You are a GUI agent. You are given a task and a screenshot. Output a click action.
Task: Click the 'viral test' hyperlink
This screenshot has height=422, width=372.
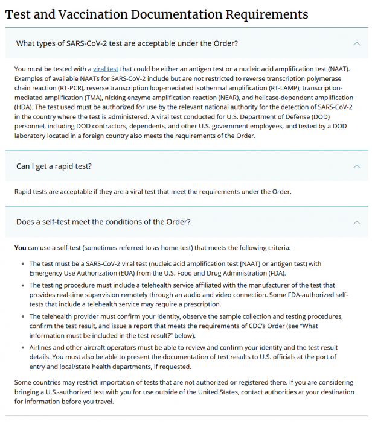[106, 69]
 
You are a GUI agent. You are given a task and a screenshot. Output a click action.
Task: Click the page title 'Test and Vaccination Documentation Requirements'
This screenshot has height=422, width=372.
[156, 14]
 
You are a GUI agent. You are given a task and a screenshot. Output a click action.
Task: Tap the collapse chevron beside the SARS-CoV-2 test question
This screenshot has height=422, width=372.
[356, 43]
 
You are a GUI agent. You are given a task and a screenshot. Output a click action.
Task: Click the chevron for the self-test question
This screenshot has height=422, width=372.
[356, 222]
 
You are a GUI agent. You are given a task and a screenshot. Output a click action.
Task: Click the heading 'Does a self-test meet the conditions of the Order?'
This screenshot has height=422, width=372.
[103, 222]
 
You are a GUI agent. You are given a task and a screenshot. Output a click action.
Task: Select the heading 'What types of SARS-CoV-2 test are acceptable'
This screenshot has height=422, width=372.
[127, 43]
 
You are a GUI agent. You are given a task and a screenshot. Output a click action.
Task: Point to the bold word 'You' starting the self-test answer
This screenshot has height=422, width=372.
[20, 248]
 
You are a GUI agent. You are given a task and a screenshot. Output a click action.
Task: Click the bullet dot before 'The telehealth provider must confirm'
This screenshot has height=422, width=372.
[22, 316]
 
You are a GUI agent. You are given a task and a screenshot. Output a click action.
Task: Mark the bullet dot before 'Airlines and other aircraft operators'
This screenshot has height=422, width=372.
[22, 348]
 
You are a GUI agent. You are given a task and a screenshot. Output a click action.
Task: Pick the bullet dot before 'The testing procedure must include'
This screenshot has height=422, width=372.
[22, 285]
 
